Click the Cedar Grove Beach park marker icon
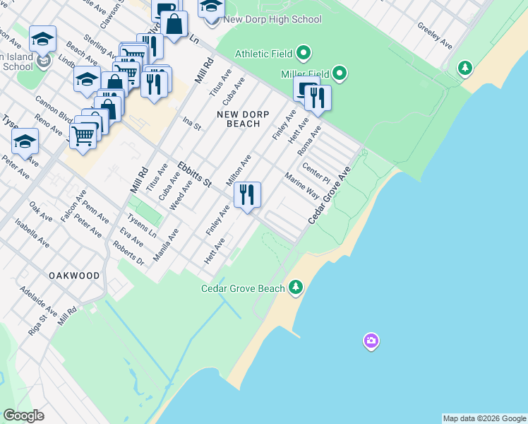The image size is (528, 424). [x=296, y=288]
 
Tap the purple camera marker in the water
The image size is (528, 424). [x=371, y=342]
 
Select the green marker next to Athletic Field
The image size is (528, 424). [x=304, y=53]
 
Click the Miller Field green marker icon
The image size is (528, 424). [x=340, y=73]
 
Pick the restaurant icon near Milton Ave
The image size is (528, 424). [x=247, y=195]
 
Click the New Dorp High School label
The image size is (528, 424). [x=272, y=20]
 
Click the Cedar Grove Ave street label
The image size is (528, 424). [x=330, y=196]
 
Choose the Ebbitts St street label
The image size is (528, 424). [x=195, y=173]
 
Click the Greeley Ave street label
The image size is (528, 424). [x=434, y=35]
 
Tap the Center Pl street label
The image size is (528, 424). [x=316, y=172]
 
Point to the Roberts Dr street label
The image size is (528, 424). [x=128, y=254]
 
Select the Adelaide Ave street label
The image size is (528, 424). [x=38, y=301]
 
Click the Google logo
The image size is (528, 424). [x=24, y=416]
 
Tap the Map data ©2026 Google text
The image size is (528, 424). [x=484, y=418]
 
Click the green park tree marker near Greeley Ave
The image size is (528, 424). [x=464, y=69]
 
